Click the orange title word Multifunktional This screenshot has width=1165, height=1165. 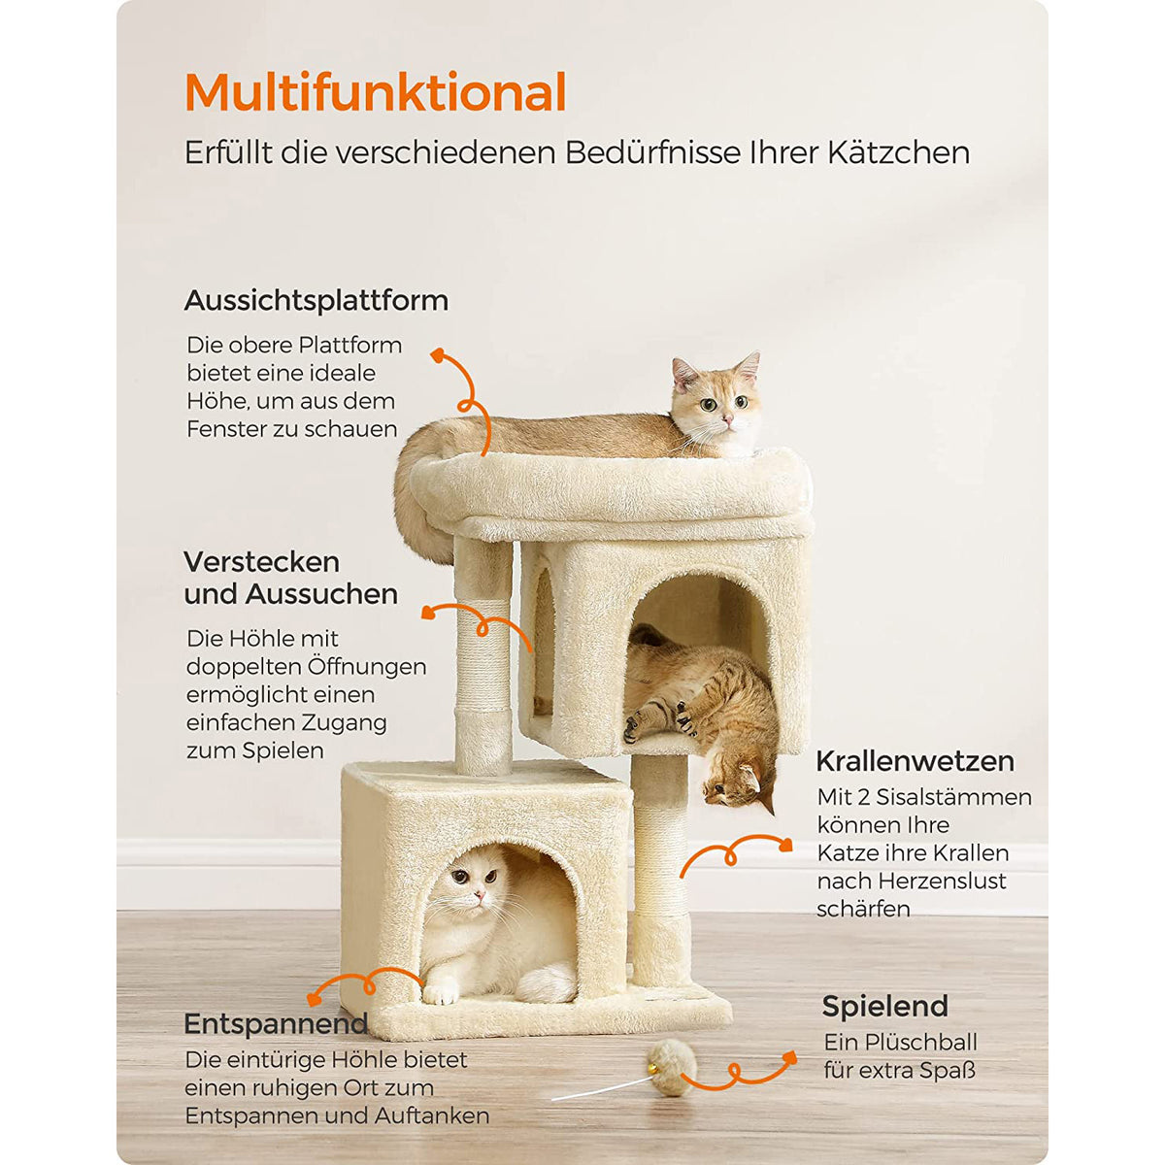click(x=376, y=92)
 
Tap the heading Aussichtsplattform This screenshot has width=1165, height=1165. click(x=316, y=300)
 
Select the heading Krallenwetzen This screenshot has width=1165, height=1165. click(x=915, y=761)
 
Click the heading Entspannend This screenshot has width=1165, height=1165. click(x=276, y=1023)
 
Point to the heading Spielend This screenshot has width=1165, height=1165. click(x=885, y=1006)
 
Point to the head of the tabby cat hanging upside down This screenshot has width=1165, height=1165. click(x=739, y=782)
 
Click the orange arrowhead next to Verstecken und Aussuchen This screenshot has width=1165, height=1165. click(x=429, y=613)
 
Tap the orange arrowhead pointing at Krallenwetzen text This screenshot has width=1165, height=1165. click(x=784, y=845)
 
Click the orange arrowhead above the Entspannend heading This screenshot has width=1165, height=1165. click(x=314, y=1000)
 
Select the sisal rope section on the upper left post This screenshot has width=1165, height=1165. click(x=483, y=654)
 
